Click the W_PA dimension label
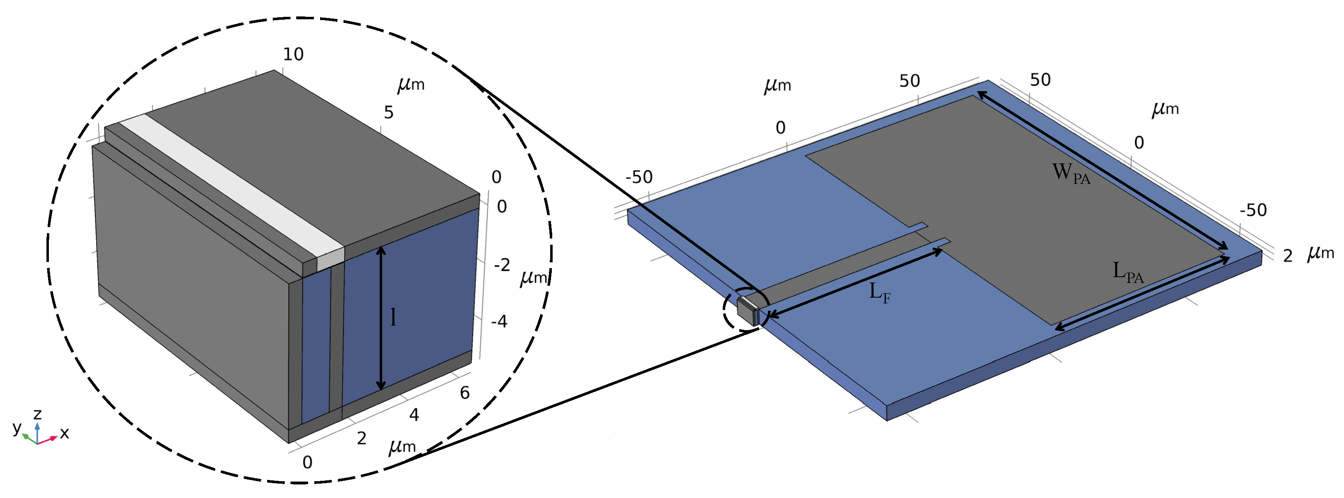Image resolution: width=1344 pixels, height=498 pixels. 1071,173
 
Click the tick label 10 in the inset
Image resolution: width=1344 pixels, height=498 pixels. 293,54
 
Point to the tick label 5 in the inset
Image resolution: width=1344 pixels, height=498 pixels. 389,112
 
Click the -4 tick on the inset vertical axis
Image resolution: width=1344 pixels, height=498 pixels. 499,321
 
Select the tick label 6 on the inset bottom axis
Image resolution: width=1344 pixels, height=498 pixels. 465,392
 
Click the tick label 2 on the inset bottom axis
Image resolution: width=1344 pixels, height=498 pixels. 362,438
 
